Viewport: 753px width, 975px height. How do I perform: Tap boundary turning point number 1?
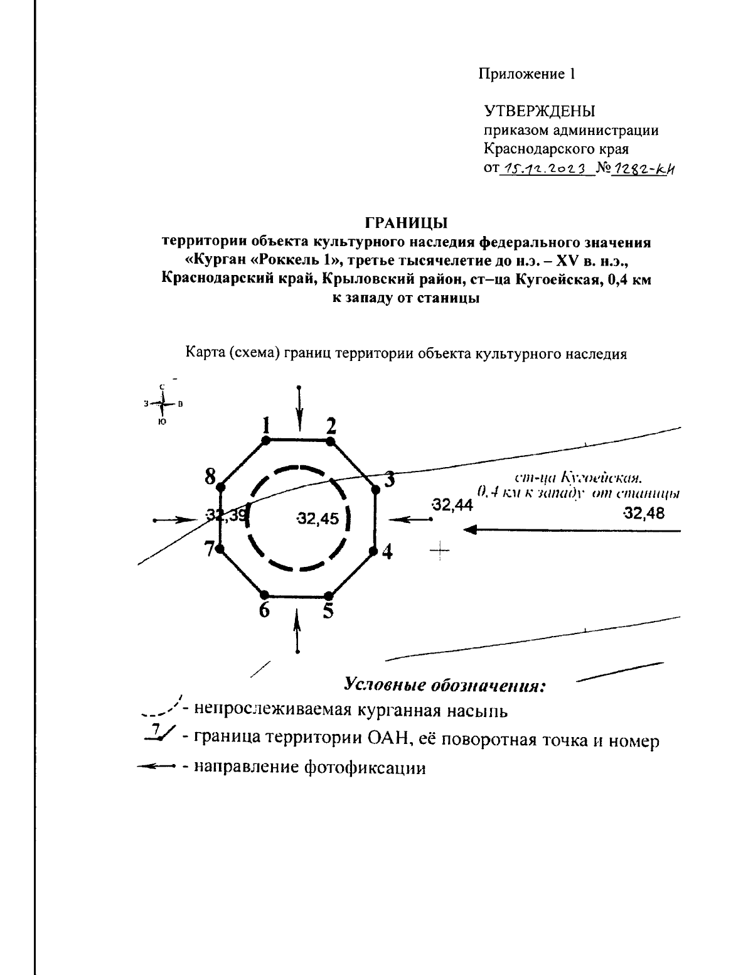(265, 441)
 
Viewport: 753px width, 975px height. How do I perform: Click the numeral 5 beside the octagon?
(328, 611)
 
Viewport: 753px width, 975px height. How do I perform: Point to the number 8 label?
(210, 477)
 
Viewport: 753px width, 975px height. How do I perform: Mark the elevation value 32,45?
(318, 519)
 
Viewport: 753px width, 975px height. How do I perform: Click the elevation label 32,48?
(643, 513)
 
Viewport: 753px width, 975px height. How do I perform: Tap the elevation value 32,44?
(452, 504)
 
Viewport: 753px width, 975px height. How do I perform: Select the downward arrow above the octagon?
(299, 407)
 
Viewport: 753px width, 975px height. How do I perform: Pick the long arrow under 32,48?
(571, 531)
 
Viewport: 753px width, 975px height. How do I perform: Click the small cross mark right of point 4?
(441, 551)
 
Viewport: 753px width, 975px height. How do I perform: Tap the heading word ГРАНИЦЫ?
(406, 222)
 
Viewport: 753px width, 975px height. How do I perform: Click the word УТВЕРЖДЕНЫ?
(539, 111)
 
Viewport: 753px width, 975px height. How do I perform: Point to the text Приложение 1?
(527, 74)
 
